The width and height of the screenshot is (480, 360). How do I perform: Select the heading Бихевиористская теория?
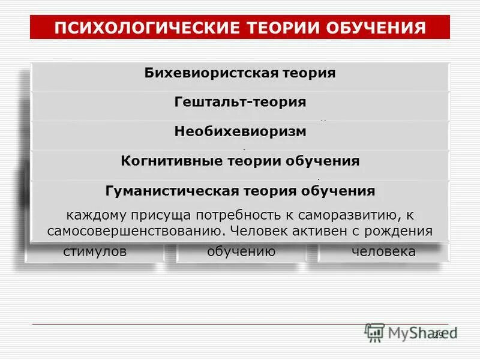point(239,73)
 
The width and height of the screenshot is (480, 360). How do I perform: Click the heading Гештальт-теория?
point(240,102)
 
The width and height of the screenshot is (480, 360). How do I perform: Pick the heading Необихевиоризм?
point(240,131)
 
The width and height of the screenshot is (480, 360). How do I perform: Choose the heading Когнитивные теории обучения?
point(240,161)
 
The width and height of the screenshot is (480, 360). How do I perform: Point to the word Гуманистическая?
point(172,191)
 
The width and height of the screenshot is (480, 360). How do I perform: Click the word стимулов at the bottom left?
point(95,251)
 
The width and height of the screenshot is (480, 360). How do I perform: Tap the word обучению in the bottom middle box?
point(241,251)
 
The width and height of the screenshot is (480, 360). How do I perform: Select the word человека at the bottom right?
point(383,251)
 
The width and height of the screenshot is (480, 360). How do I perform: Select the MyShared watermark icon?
point(375,332)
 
